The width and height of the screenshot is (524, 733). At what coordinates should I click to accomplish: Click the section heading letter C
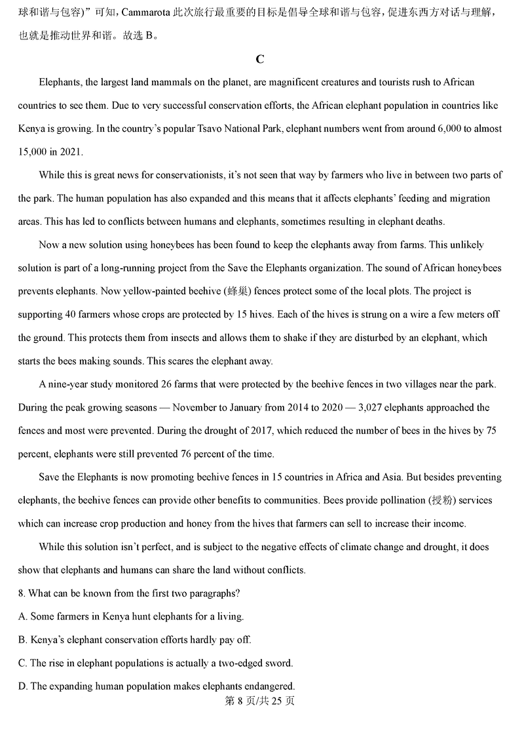point(260,59)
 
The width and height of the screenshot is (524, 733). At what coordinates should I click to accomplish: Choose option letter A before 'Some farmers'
point(23,616)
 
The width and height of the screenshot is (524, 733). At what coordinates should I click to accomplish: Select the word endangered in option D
point(269,686)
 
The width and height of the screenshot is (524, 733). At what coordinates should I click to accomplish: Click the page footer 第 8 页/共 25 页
point(260,701)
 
